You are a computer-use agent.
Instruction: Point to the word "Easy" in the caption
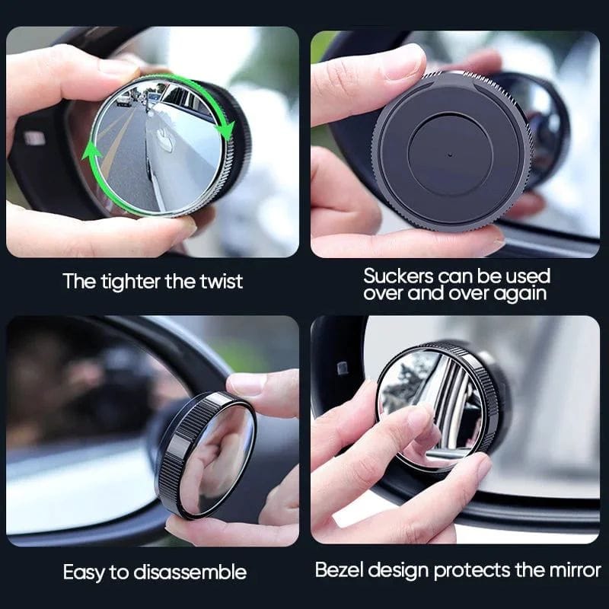point(85,572)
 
